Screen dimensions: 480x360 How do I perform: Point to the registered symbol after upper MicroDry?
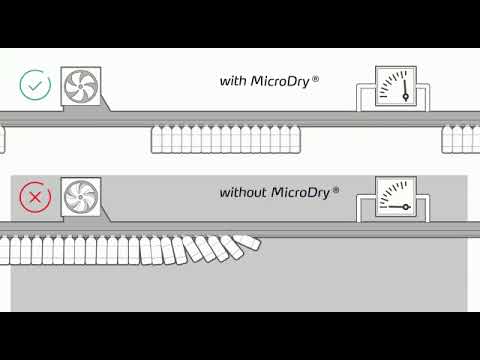(x=315, y=77)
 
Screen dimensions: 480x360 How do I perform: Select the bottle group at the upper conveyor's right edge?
(x=460, y=139)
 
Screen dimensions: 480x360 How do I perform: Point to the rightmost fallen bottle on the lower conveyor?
(x=245, y=242)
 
